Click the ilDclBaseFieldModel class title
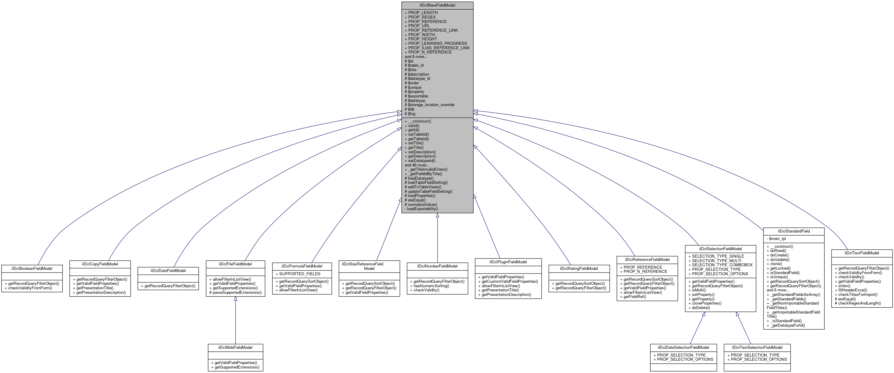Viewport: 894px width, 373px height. point(437,5)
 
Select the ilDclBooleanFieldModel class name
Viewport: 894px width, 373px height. point(32,268)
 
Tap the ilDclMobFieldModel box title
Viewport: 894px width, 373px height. point(235,347)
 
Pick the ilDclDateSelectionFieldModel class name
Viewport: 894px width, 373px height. point(683,347)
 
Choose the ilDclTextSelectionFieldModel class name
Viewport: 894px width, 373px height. point(757,347)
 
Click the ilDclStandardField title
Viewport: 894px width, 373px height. point(794,231)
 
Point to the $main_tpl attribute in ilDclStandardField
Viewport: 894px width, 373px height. point(778,239)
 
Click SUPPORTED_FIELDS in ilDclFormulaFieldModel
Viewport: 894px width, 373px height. point(300,274)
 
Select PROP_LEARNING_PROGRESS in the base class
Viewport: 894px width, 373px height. point(437,43)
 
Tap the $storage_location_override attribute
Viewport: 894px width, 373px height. point(431,105)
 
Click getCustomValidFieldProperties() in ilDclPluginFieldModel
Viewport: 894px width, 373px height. point(510,281)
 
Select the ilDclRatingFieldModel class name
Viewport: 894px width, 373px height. point(579,268)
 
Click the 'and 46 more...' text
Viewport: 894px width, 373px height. point(417,165)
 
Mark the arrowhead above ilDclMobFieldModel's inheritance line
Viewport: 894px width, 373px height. point(235,299)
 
